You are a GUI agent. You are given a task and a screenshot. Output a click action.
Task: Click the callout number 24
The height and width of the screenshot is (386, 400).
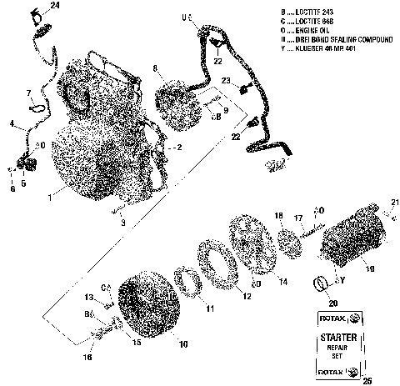(x=55, y=6)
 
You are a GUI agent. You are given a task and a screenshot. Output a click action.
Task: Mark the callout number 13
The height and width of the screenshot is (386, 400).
(x=89, y=297)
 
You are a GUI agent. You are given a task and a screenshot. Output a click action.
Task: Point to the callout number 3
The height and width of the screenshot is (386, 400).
(x=123, y=223)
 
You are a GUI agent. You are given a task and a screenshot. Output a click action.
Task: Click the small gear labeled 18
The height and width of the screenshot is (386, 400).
(x=290, y=236)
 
